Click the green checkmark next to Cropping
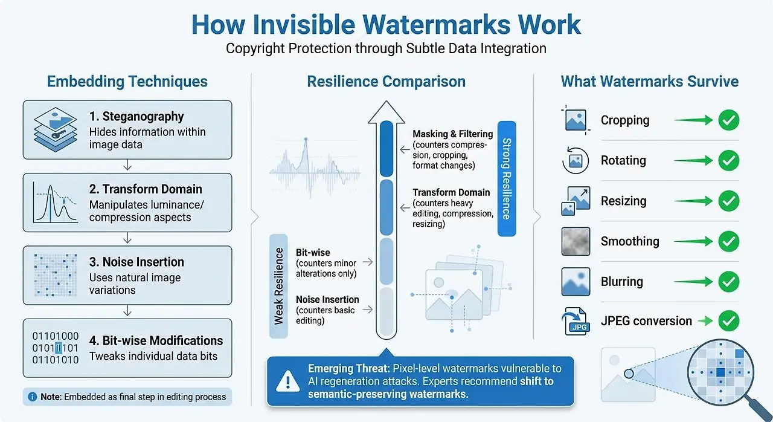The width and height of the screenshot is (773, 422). point(729,120)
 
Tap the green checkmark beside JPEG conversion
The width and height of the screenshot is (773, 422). point(729,321)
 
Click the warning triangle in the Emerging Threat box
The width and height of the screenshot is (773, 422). point(288,381)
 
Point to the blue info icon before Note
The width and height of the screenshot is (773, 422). point(33,397)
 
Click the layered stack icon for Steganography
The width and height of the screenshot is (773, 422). point(55,129)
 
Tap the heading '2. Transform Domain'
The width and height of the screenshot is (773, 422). point(146,189)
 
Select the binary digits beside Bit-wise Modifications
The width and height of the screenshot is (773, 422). point(55,348)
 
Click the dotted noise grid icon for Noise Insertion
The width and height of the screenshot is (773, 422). point(56,275)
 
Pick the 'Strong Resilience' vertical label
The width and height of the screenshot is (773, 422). point(507,178)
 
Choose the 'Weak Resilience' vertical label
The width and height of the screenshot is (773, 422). point(278,286)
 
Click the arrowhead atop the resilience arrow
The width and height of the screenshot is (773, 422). point(386,112)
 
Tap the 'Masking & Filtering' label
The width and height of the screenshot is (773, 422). point(453,134)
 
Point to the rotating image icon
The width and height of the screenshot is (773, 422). point(576,160)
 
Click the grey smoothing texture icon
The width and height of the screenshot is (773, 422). point(576,241)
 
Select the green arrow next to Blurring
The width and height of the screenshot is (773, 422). point(693,282)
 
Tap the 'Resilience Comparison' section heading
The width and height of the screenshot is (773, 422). point(386,82)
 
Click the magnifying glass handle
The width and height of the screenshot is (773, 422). point(757,409)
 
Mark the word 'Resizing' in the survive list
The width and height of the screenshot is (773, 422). point(624,201)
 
